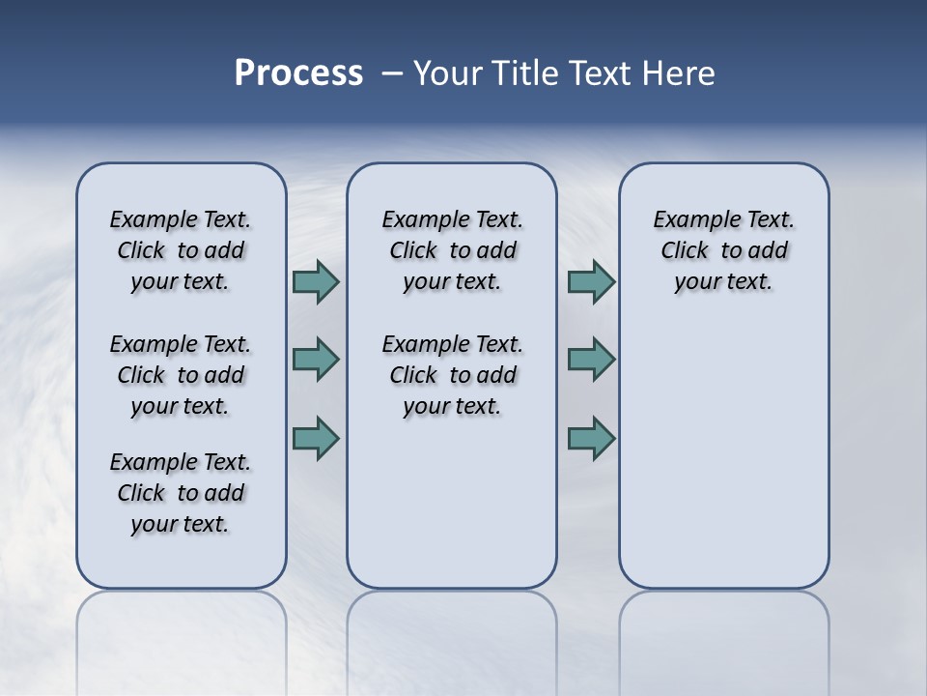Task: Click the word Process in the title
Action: (298, 72)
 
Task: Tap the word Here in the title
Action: (682, 72)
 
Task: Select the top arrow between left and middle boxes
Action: (316, 281)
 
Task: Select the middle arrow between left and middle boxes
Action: (316, 360)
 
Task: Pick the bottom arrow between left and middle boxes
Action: (316, 438)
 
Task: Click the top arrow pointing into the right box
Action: (591, 281)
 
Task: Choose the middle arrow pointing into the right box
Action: (591, 360)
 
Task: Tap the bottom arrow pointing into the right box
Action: (591, 438)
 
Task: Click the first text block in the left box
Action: (181, 250)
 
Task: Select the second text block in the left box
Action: (181, 375)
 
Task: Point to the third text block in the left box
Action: (181, 493)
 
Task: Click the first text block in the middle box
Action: (452, 250)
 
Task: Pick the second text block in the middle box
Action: (452, 375)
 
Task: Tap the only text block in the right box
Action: (723, 250)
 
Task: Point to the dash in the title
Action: (391, 72)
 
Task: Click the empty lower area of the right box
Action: (723, 464)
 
